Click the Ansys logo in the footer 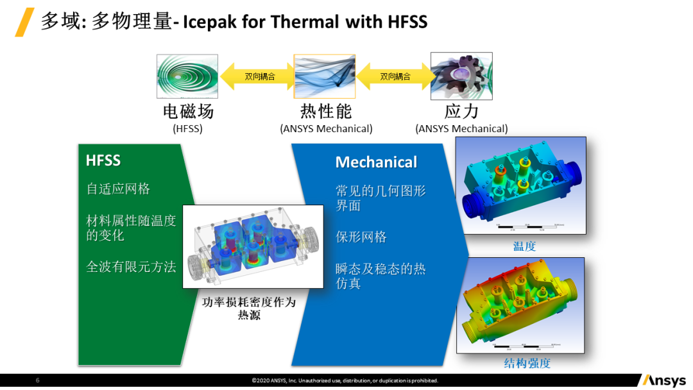[663, 380]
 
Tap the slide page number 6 [37, 380]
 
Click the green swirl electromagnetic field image [187, 76]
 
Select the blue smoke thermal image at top [325, 76]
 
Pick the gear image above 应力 [461, 76]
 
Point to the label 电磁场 [188, 112]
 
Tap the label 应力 [461, 112]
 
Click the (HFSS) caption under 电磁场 [187, 128]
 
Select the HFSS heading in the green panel [103, 160]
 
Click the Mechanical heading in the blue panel [376, 162]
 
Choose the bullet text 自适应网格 [118, 189]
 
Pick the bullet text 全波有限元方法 [131, 267]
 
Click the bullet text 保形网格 [361, 237]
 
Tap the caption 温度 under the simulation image [524, 246]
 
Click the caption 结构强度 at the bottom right [527, 363]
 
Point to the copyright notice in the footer [345, 380]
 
